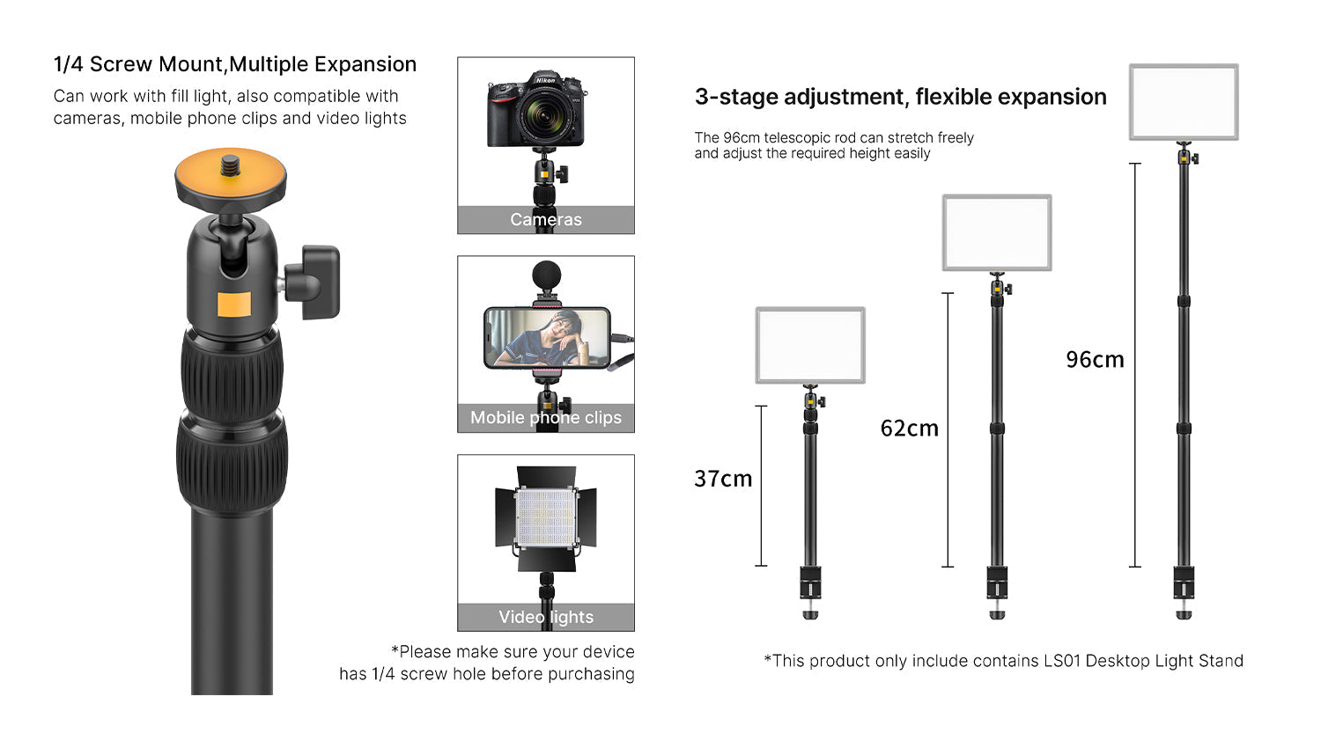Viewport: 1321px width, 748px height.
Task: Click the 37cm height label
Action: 723,479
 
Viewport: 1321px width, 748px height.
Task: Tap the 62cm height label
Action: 909,429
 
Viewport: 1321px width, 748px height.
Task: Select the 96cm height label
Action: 1095,359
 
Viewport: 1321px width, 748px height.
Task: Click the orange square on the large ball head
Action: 234,304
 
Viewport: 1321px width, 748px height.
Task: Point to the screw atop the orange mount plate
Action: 232,165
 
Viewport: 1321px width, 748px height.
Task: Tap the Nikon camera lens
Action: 543,116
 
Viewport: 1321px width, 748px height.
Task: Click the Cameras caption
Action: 546,219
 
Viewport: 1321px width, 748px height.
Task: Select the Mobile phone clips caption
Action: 546,417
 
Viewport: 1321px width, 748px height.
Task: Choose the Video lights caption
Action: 546,617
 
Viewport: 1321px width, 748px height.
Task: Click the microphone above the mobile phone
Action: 546,275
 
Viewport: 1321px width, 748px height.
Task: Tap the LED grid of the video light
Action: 546,517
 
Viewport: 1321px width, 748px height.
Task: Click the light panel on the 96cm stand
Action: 1184,101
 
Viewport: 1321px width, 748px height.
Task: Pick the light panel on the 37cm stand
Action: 810,345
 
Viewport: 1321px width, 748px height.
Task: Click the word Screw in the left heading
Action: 121,64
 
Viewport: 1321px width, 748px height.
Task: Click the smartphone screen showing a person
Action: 546,338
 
